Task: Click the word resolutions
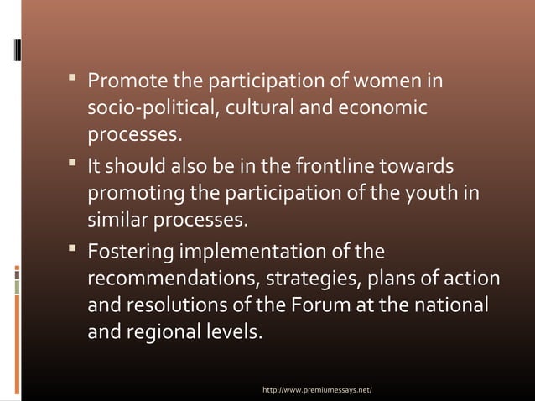click(174, 304)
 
